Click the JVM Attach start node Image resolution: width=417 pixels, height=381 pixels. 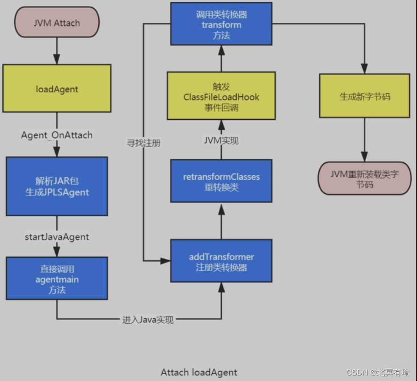pos(57,22)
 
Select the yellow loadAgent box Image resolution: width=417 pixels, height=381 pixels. pos(57,88)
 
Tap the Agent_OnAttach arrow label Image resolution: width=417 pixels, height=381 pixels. pos(57,135)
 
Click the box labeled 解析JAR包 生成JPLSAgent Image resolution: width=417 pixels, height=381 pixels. pos(57,186)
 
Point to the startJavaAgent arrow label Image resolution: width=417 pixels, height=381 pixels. pos(57,237)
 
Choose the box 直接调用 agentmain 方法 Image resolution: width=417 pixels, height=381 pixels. pos(57,279)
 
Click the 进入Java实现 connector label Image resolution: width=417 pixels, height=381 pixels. pos(148,320)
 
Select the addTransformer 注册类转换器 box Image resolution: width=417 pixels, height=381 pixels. pos(221,261)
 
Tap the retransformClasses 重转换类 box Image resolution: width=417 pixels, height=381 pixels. pos(221,181)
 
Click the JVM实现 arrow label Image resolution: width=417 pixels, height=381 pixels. pos(221,141)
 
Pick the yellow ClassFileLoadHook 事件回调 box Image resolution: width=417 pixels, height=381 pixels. pos(221,96)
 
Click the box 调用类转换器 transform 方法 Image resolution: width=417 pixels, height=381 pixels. pos(221,24)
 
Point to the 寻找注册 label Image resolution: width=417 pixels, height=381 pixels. pos(143,143)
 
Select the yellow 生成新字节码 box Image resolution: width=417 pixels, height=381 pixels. pos(364,96)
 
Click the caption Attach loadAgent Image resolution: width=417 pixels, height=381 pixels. pos(199,372)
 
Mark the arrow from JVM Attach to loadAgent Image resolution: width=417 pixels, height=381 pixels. pos(57,51)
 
